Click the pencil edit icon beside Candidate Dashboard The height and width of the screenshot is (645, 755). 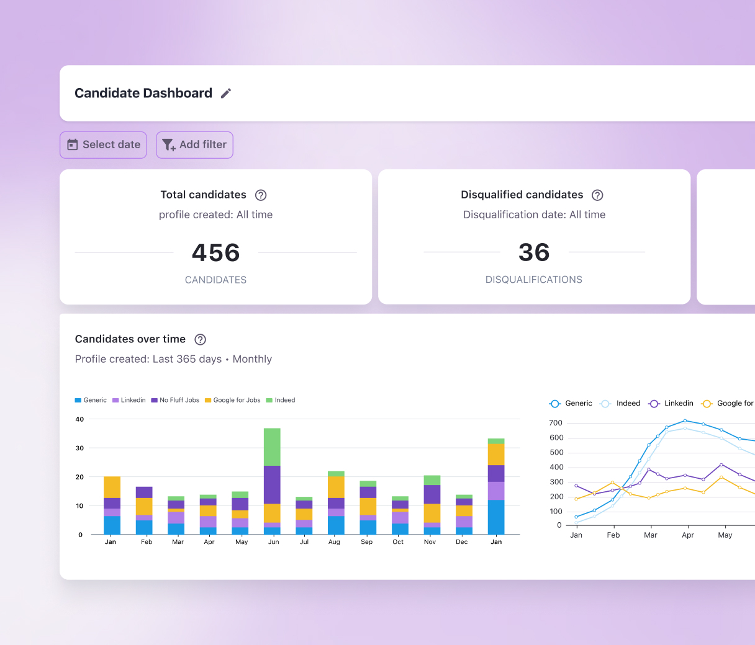(x=226, y=93)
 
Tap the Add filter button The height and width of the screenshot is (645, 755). (x=194, y=145)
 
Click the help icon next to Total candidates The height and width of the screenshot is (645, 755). (x=261, y=195)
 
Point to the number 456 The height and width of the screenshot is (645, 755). (x=215, y=252)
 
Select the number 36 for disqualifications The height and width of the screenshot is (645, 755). (x=534, y=252)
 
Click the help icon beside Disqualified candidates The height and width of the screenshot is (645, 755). (x=597, y=195)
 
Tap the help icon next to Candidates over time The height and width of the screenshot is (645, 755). (x=200, y=339)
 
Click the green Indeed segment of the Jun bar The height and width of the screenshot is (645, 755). (x=272, y=447)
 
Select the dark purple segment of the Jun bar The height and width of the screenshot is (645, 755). (x=272, y=484)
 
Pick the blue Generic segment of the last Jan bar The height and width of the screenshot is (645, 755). (x=496, y=517)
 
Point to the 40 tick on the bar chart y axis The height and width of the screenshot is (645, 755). (x=79, y=419)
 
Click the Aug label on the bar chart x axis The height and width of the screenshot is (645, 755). (x=334, y=542)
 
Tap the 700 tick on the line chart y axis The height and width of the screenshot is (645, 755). (x=556, y=423)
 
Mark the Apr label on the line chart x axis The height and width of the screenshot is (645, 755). (x=688, y=535)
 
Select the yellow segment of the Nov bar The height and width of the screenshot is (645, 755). (x=432, y=513)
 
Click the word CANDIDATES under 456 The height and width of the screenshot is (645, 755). (x=215, y=280)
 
